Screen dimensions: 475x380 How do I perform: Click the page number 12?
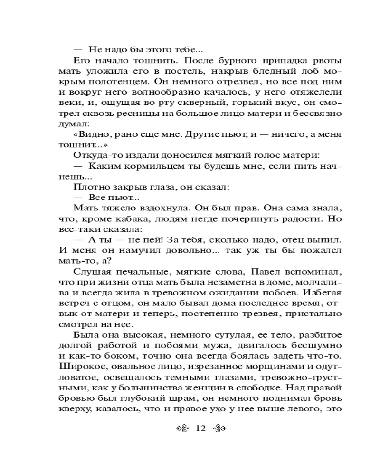click(x=199, y=428)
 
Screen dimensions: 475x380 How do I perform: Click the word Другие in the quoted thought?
click(x=183, y=136)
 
